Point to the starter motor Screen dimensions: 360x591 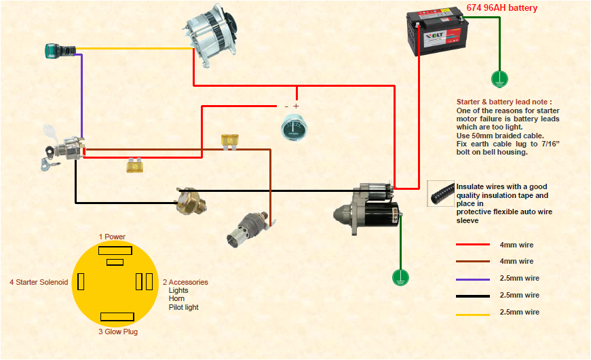pos(367,207)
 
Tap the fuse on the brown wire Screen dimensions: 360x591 pos(229,140)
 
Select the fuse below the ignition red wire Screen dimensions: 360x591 pos(134,165)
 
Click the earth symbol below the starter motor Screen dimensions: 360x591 pos(400,277)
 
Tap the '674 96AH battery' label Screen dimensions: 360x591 pos(501,8)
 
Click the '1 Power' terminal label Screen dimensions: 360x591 pos(112,237)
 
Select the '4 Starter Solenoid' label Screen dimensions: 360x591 pos(39,282)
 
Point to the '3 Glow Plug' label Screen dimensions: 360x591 pos(118,332)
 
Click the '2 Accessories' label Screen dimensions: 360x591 pos(185,282)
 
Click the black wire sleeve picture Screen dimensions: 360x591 pos(441,193)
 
